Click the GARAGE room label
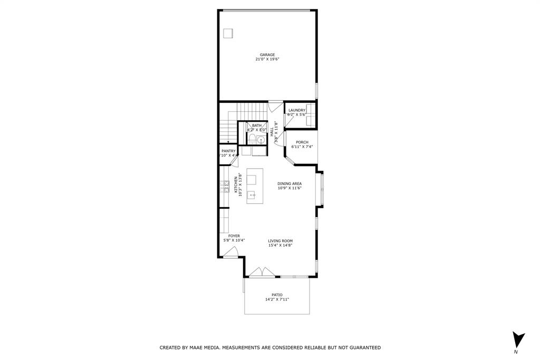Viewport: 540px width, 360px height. (267, 55)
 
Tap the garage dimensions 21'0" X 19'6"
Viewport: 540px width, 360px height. (267, 60)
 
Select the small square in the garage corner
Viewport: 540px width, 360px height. (228, 33)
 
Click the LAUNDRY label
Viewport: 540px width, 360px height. (296, 110)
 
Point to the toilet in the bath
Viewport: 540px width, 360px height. (252, 139)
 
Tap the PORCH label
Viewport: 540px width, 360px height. (302, 142)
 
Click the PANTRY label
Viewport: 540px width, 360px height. (228, 151)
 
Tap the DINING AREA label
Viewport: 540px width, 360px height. (290, 183)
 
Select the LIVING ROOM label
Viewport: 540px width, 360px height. (280, 241)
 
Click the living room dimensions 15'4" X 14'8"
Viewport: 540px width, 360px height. (280, 245)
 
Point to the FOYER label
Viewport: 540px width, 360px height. (234, 236)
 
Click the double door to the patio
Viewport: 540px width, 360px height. (261, 273)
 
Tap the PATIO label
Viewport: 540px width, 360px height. (277, 295)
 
